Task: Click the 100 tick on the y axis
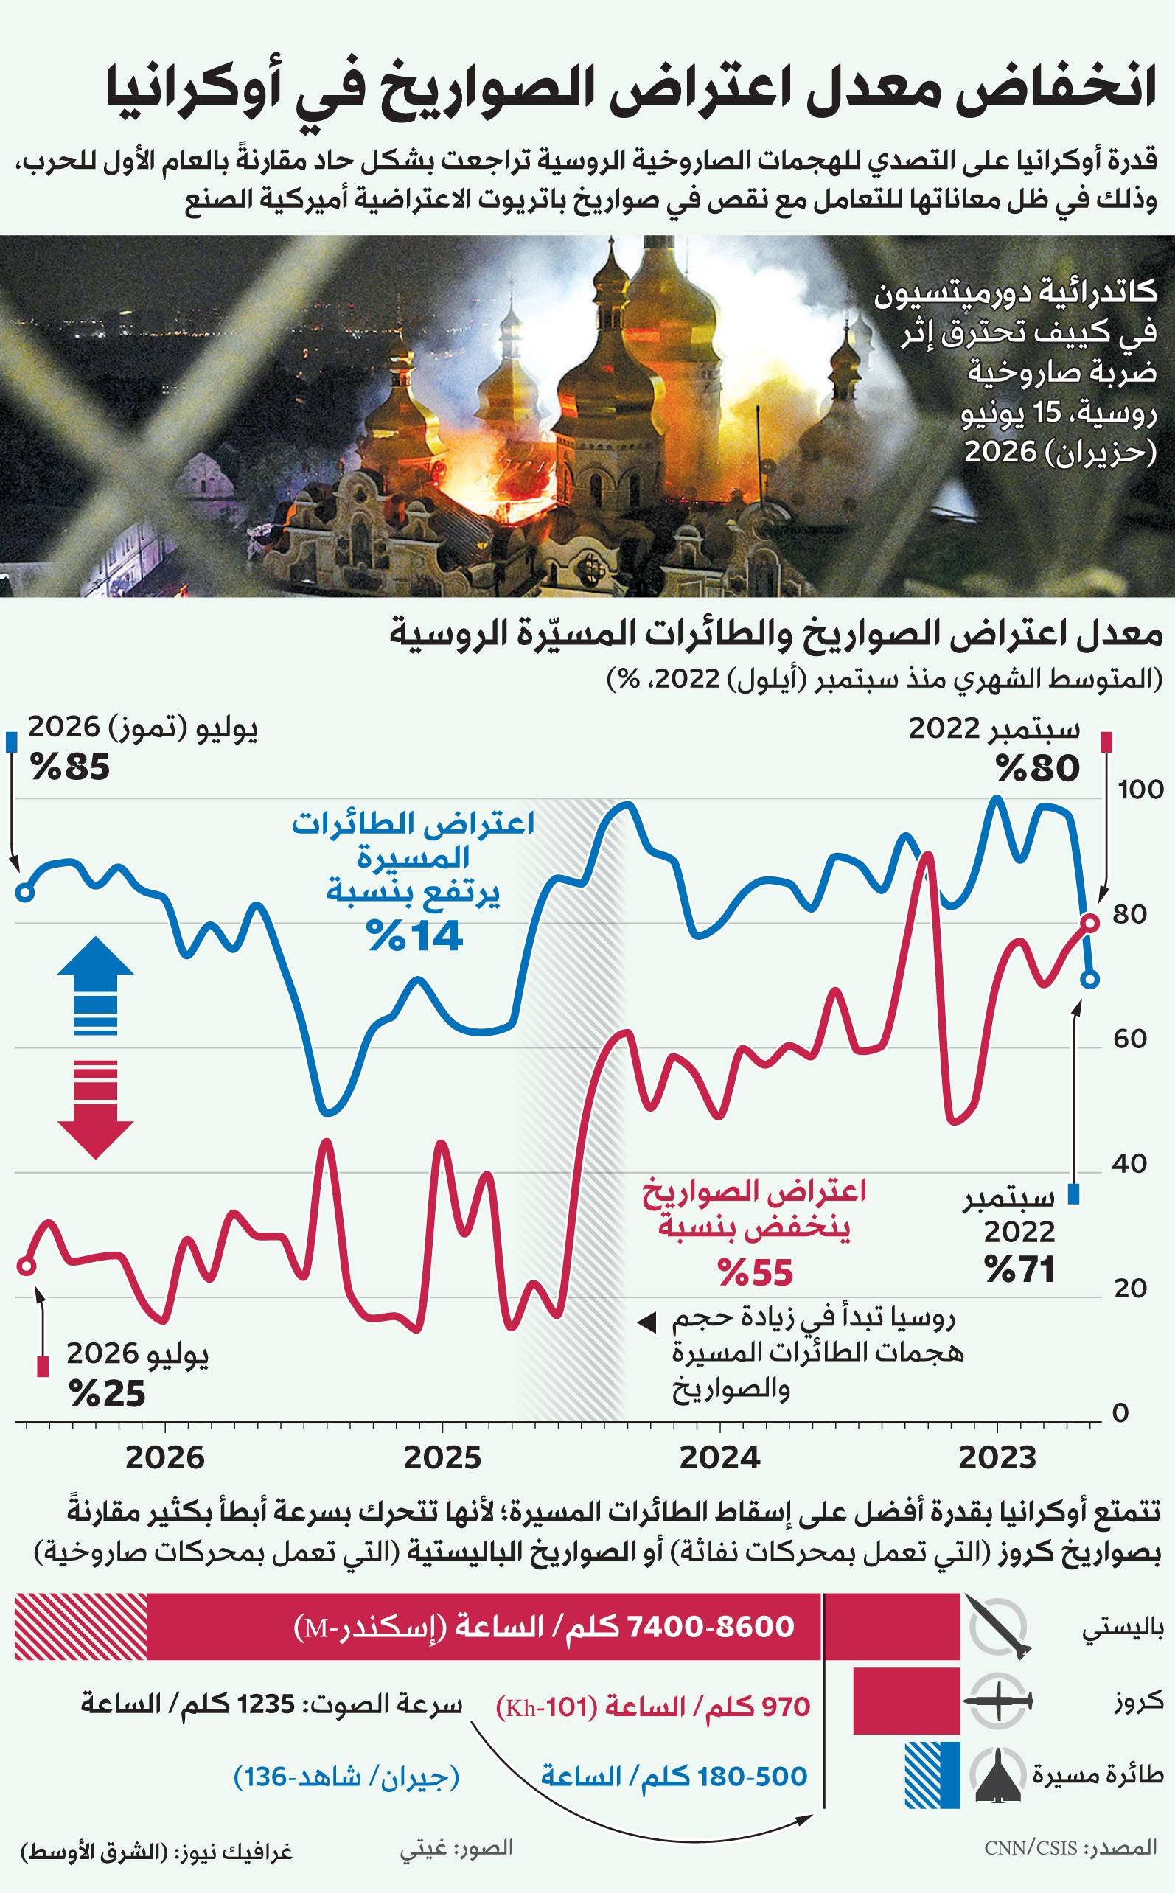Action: [1140, 789]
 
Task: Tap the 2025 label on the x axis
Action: [442, 1457]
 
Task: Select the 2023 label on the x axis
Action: [997, 1457]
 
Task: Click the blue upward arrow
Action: [96, 986]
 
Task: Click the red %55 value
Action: [755, 1272]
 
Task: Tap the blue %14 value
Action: [416, 935]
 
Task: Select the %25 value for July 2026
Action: [107, 1393]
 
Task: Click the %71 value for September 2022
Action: [1019, 1269]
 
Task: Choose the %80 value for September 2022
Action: [1038, 768]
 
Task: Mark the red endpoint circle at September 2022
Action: [1089, 922]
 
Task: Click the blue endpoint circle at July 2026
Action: [25, 891]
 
